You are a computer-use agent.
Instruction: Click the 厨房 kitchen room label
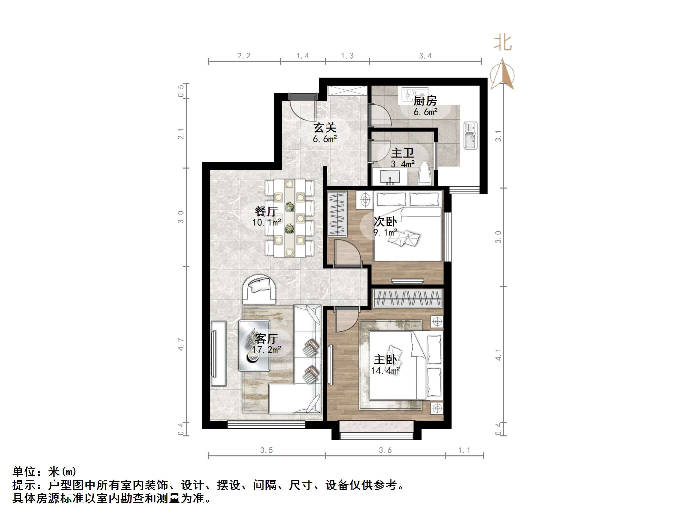click(x=425, y=101)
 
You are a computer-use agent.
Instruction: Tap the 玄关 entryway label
click(x=324, y=128)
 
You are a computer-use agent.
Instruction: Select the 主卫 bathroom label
click(x=403, y=153)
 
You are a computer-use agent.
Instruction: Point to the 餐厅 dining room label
click(x=266, y=211)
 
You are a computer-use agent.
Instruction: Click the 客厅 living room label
click(x=266, y=339)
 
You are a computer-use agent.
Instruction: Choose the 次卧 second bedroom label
click(x=385, y=222)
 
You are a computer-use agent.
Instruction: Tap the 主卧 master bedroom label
click(x=385, y=360)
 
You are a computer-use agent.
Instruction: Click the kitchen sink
click(x=471, y=136)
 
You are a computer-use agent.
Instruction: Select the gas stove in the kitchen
click(x=415, y=94)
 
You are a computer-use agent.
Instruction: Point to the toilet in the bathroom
click(x=425, y=173)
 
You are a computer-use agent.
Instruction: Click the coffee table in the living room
click(x=254, y=345)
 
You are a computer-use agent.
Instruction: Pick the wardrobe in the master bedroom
click(x=408, y=298)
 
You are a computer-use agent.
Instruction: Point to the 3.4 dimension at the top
click(x=425, y=56)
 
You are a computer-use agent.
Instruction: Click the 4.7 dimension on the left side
click(x=181, y=344)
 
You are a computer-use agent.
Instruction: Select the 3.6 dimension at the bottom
click(x=385, y=450)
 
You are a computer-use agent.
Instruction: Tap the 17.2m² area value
click(x=267, y=349)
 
